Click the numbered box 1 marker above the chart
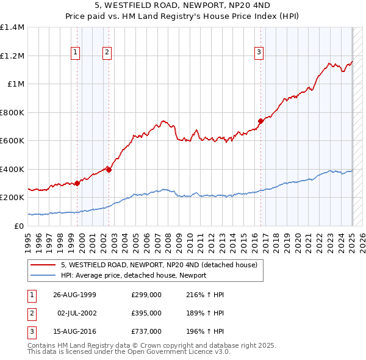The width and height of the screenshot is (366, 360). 76,52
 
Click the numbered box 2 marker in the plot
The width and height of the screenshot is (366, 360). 107,52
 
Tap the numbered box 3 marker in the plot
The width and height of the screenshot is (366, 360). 259,52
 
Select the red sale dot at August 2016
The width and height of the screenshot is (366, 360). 260,121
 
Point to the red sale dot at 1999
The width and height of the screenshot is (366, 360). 77,183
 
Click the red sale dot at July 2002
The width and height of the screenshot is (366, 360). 109,170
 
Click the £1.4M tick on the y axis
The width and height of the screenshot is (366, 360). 12,27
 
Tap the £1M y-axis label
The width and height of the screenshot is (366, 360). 16,84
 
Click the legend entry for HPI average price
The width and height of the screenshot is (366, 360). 133,275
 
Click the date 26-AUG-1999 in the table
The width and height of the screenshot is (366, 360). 74,295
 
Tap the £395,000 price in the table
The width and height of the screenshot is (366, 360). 146,313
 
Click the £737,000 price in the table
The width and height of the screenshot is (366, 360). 146,331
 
